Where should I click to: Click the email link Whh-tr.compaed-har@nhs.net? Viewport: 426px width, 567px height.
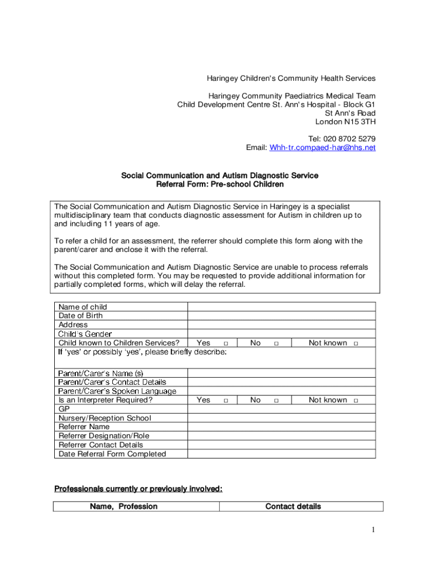coord(323,148)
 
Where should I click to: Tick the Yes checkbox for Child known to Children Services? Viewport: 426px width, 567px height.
coord(226,344)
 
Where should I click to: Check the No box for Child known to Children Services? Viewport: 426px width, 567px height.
coord(277,344)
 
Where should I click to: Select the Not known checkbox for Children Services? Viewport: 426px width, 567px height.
coord(356,344)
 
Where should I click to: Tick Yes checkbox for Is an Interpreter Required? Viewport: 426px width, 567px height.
coord(226,400)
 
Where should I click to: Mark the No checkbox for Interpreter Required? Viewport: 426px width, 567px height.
coord(277,400)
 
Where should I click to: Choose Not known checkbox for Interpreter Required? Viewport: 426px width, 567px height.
coord(356,400)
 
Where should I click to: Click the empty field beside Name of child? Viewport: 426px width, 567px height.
coord(282,307)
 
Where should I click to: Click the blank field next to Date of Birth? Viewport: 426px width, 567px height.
coord(282,316)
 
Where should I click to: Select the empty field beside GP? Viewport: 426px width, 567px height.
coord(282,409)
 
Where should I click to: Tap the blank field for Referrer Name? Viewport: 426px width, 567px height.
coord(282,427)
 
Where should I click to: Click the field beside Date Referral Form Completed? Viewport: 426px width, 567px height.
coord(282,454)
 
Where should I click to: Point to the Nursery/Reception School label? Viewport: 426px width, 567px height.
coord(105,418)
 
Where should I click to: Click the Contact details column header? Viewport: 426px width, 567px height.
coord(293,507)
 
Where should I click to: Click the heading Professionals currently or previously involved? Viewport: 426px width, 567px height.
coord(138,488)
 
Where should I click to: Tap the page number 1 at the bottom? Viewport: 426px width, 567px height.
coord(373,531)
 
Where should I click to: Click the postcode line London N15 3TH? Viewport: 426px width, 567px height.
coord(345,122)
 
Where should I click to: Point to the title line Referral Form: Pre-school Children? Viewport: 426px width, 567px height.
coord(220,184)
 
